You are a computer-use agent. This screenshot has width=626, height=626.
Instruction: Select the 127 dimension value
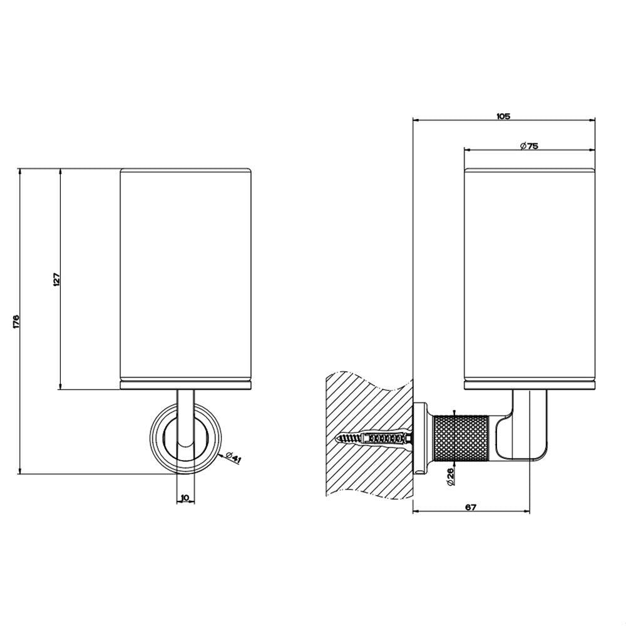click(56, 279)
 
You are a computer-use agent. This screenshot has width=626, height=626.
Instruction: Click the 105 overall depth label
click(503, 116)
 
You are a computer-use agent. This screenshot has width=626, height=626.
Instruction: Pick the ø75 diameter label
click(529, 146)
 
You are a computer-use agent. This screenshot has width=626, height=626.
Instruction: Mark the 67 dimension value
click(471, 508)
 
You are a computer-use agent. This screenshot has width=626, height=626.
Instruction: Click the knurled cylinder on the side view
click(461, 438)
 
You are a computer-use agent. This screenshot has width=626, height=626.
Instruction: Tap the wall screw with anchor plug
click(375, 438)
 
